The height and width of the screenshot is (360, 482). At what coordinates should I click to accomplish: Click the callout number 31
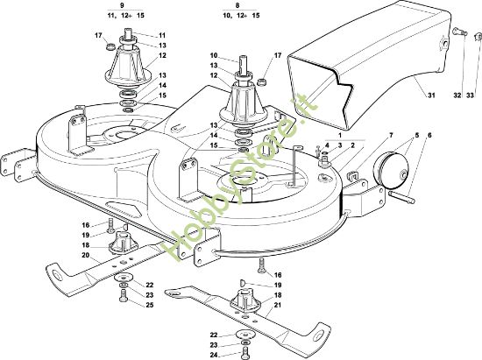tap(431, 95)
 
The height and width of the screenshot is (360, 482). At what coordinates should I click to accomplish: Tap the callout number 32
tap(457, 95)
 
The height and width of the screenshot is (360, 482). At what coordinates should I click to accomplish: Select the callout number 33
tap(470, 95)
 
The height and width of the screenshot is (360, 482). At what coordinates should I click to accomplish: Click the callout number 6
tap(429, 136)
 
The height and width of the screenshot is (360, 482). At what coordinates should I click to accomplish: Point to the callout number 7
tap(391, 136)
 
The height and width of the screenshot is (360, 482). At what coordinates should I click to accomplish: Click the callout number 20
tap(86, 255)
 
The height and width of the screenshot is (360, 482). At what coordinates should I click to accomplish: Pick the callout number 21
tap(277, 306)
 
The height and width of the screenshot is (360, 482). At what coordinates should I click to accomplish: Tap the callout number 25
tap(149, 305)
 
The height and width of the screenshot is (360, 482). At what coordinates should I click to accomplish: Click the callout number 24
tap(214, 355)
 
